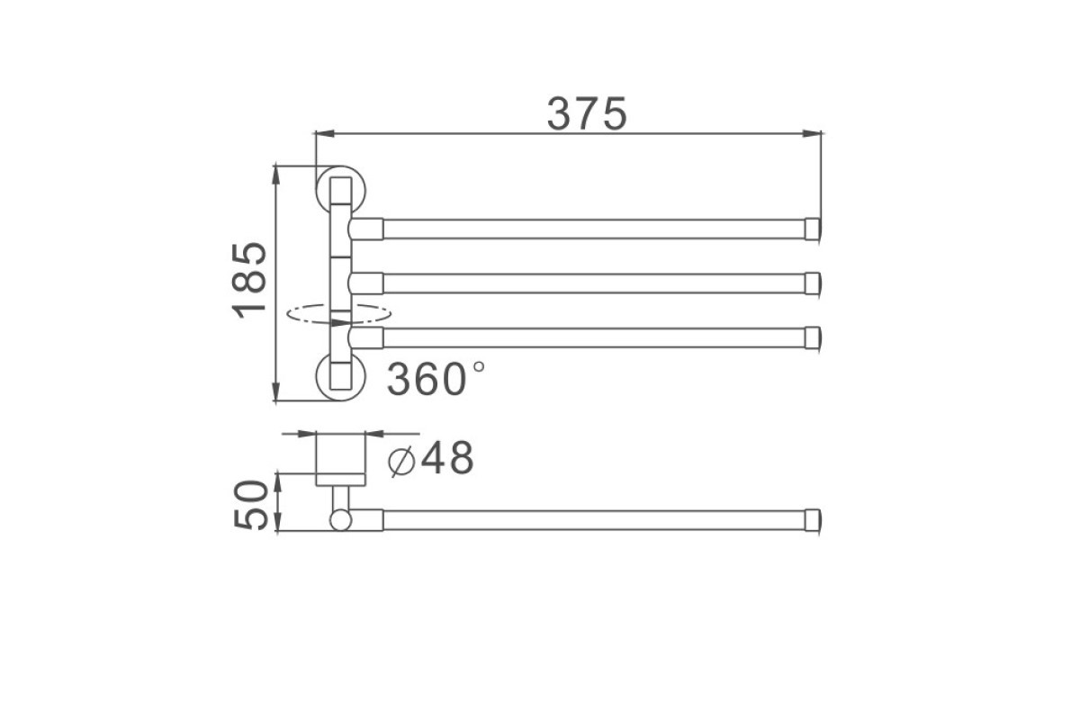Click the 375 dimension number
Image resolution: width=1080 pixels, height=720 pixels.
coord(587,113)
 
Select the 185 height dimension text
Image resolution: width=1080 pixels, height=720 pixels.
coord(249,280)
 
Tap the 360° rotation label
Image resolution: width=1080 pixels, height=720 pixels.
coord(436,379)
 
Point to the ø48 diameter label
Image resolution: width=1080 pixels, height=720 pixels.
coord(431,458)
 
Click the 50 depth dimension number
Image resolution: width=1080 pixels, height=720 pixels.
coord(250,505)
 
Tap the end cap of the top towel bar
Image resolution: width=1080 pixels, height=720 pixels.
coord(813,229)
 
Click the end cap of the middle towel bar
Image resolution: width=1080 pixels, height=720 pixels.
coord(813,283)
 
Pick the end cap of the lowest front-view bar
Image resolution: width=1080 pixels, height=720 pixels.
coord(813,337)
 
